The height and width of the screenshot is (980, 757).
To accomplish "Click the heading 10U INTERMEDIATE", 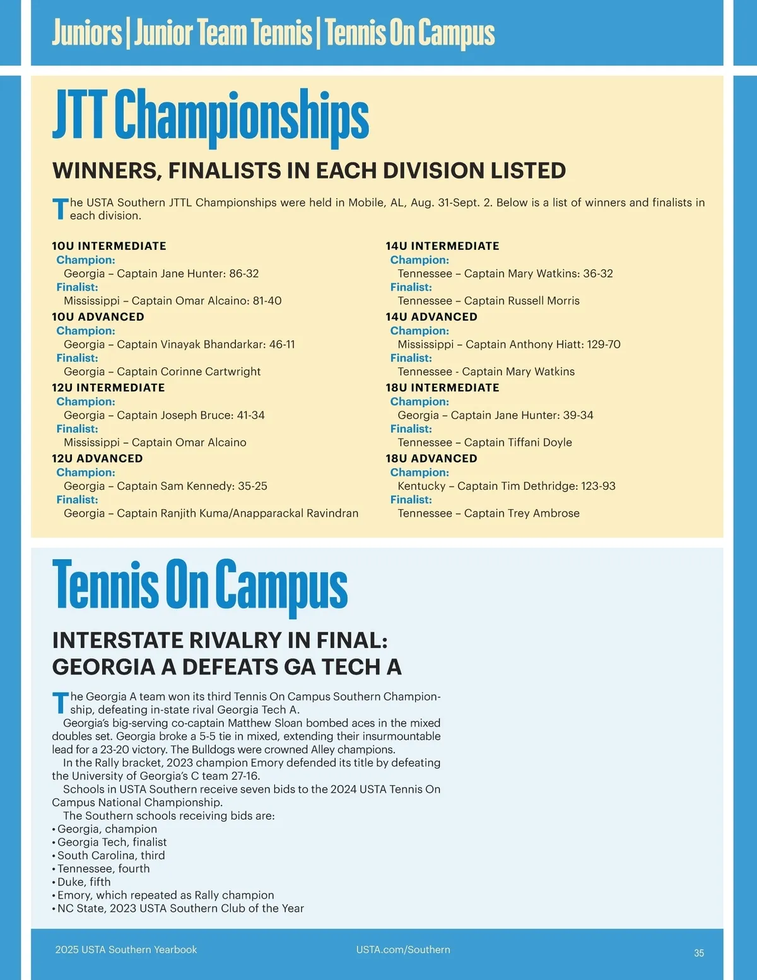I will tap(109, 246).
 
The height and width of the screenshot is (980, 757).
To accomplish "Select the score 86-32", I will tap(244, 274).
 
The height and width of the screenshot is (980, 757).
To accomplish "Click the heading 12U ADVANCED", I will tap(97, 459).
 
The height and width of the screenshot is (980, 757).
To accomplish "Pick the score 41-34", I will tap(250, 415).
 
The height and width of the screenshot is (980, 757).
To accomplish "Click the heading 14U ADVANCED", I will tap(431, 317).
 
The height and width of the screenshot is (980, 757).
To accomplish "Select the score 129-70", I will tap(604, 345).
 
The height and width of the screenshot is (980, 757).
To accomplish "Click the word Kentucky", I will tap(421, 487).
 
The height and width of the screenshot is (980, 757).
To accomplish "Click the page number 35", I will tap(699, 953).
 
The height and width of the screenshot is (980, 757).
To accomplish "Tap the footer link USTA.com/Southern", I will tap(403, 950).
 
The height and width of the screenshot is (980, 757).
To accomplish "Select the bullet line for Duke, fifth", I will tap(84, 882).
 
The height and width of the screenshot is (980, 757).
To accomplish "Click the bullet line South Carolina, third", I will tap(111, 856).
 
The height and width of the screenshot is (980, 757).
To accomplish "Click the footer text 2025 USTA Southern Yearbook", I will tap(126, 950).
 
